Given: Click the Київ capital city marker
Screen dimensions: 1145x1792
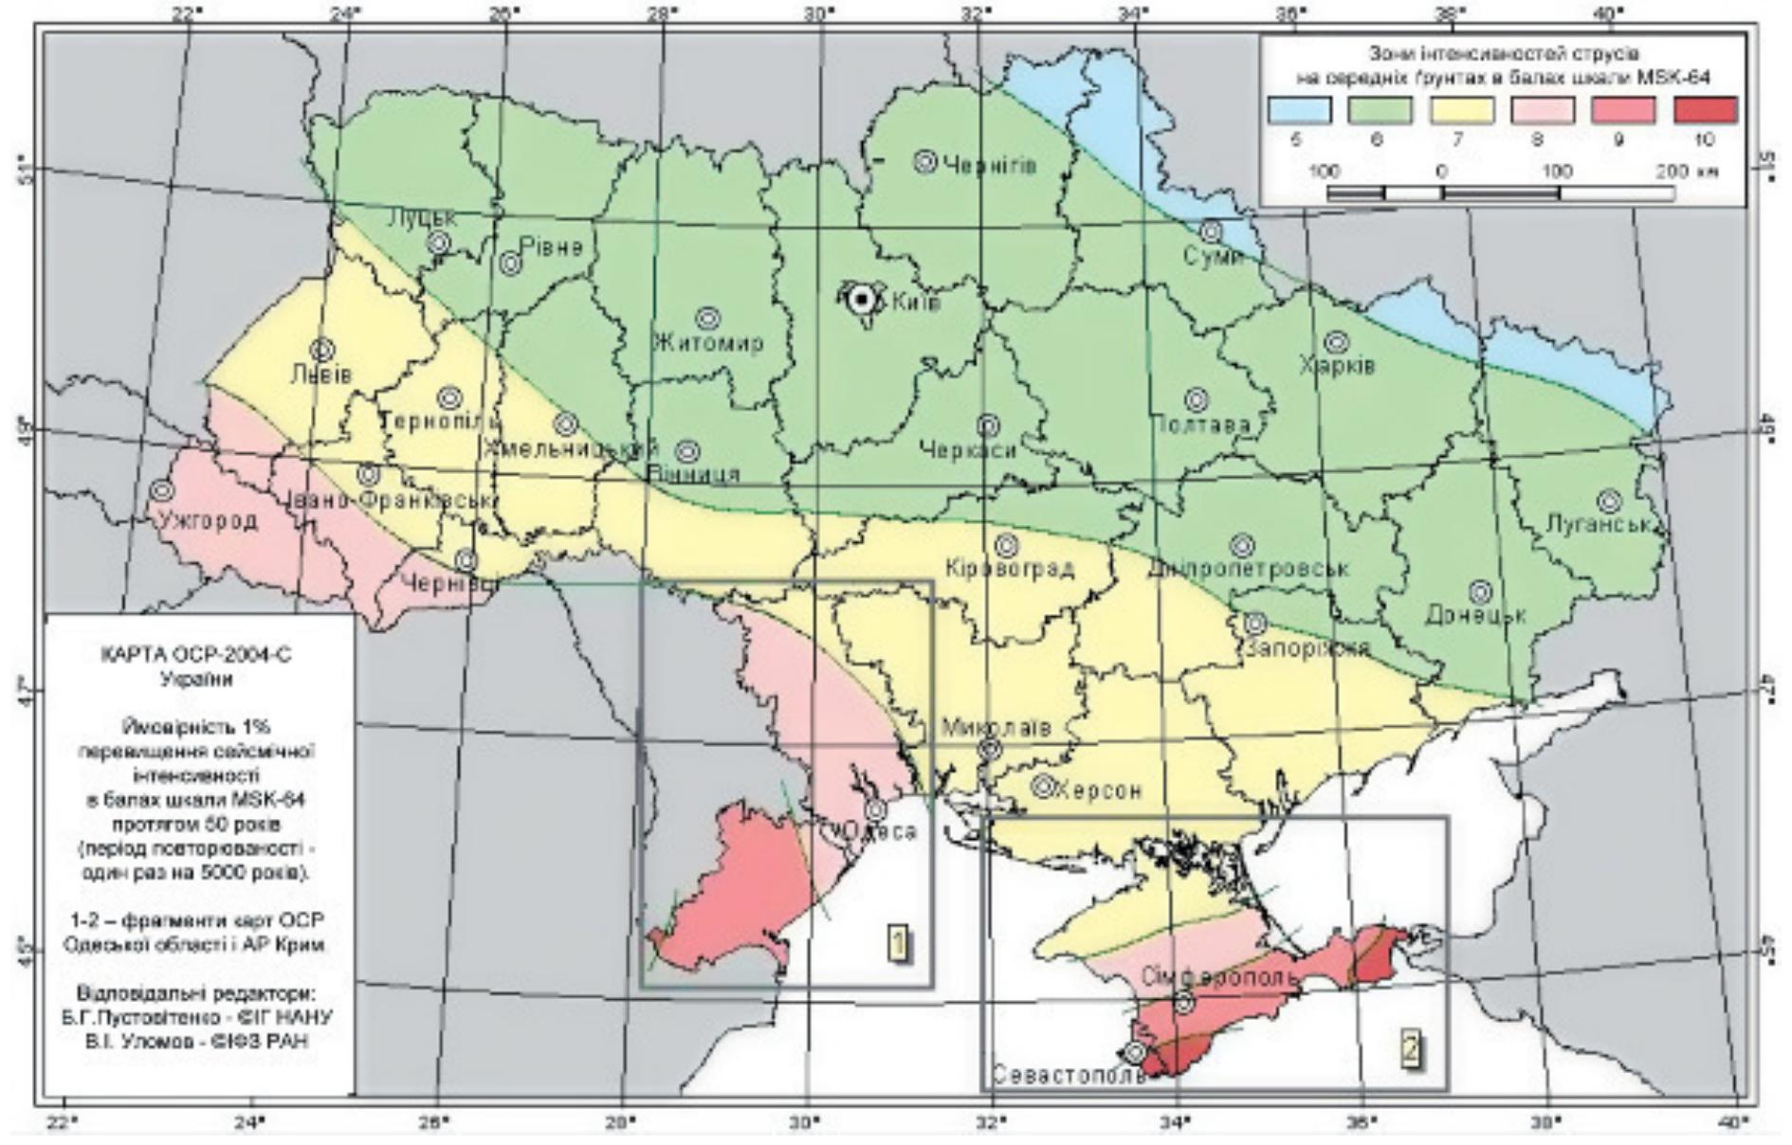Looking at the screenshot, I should point(862,300).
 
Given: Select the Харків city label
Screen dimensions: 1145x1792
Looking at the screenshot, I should point(1337,366).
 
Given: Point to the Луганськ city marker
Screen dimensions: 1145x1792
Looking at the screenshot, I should point(1608,501).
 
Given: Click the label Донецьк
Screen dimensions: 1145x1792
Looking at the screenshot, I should point(1475,615).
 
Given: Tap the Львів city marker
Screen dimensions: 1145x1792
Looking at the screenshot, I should point(322,351).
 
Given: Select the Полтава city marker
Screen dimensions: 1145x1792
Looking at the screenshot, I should point(1197,400).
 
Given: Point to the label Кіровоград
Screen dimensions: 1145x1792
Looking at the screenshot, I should point(1010,569).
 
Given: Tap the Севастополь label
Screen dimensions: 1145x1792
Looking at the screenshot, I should point(1069,1076).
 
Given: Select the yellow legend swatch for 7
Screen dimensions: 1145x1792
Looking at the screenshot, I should point(1461,110).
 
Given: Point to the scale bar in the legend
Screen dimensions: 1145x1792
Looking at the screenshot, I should point(1500,193).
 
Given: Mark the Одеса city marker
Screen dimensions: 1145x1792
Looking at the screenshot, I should point(876,810).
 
